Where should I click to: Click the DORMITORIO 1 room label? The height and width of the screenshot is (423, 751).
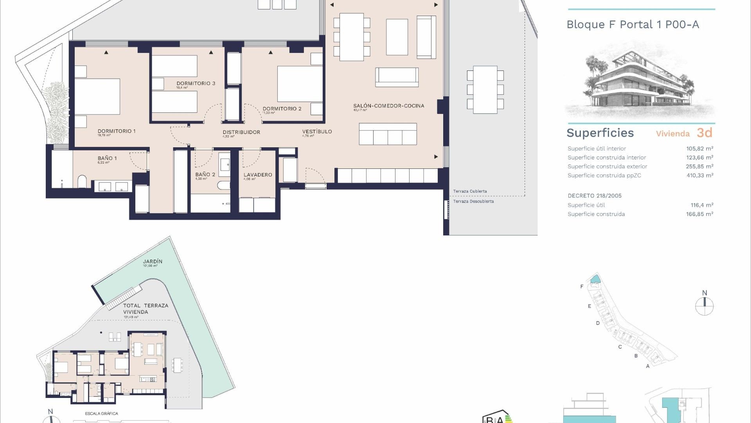(x=117, y=131)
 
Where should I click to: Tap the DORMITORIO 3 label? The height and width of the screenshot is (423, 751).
(x=196, y=83)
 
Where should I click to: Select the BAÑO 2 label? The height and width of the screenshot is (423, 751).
(x=205, y=175)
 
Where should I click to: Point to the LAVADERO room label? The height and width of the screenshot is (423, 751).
(x=258, y=175)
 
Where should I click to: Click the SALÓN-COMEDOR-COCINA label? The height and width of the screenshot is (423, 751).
(x=388, y=106)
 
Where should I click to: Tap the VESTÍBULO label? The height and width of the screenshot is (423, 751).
(x=317, y=132)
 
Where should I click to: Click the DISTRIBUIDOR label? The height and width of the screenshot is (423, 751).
(x=241, y=132)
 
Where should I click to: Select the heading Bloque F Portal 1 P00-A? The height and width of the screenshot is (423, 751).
(x=632, y=25)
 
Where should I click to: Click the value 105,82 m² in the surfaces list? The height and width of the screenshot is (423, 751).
(x=699, y=148)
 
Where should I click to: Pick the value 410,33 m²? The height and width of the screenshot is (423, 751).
(x=699, y=175)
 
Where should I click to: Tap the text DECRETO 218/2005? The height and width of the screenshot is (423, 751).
(x=595, y=196)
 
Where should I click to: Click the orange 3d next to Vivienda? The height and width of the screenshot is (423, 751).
(x=704, y=133)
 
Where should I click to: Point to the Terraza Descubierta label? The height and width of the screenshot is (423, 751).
(x=473, y=201)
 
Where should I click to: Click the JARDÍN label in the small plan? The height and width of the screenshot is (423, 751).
(x=153, y=261)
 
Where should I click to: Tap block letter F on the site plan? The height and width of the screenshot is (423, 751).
(x=582, y=287)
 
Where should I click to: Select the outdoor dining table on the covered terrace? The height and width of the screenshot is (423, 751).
(x=485, y=90)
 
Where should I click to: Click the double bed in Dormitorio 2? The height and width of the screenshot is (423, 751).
(x=300, y=84)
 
